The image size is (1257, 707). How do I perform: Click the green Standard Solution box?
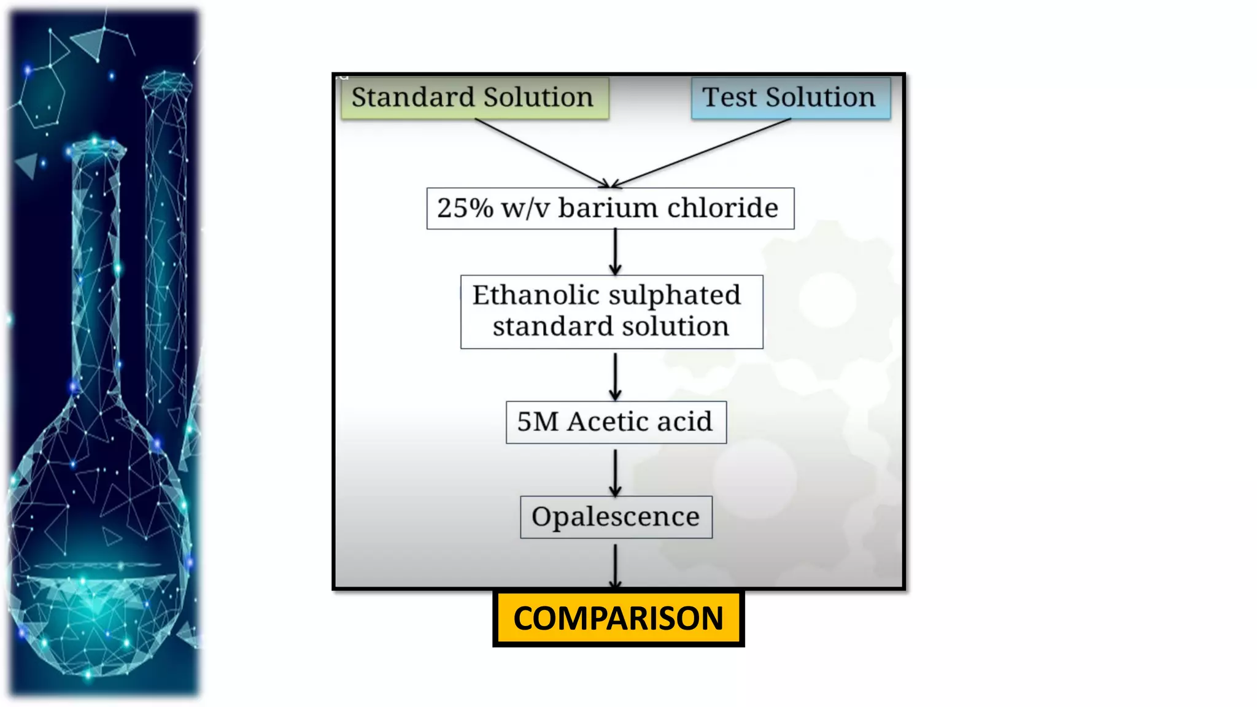[x=474, y=98]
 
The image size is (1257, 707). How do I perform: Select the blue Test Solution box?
[x=790, y=98]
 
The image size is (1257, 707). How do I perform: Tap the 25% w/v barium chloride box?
[x=610, y=209]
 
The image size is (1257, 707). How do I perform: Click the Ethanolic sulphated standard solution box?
[x=611, y=312]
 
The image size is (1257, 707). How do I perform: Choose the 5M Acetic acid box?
[x=616, y=422]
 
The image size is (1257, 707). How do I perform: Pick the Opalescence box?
[x=616, y=517]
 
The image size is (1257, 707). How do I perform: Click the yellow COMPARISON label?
[x=618, y=618]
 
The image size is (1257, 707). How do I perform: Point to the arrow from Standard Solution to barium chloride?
[x=540, y=153]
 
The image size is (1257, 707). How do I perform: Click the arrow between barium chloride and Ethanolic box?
[x=615, y=252]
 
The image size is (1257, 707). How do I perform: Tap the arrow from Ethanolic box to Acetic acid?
[x=615, y=376]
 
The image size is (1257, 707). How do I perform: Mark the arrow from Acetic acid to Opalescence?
[x=615, y=471]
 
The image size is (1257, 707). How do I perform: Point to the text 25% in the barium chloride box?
[x=465, y=208]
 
